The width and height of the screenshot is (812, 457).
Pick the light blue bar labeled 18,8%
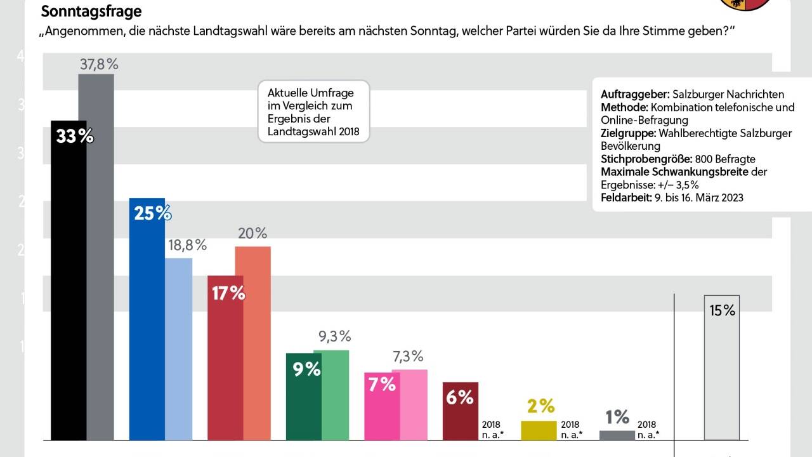(x=179, y=349)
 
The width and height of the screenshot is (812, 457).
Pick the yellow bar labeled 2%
(x=539, y=430)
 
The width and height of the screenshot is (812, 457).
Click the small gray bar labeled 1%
(x=617, y=435)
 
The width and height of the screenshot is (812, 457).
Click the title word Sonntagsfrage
(x=91, y=11)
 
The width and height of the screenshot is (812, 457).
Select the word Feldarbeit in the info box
(x=625, y=197)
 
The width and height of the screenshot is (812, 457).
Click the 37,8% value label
(x=99, y=63)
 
